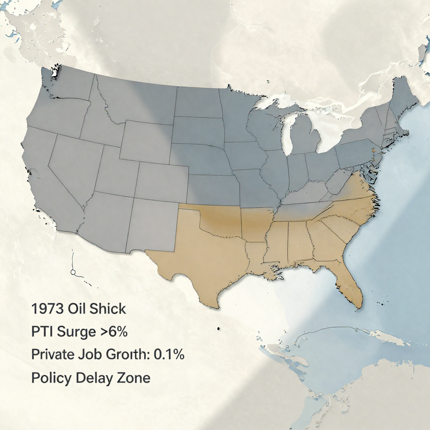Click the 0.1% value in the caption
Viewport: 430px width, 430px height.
[x=169, y=354]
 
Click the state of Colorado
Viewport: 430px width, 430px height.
[x=162, y=181]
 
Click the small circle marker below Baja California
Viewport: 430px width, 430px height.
[x=73, y=273]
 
